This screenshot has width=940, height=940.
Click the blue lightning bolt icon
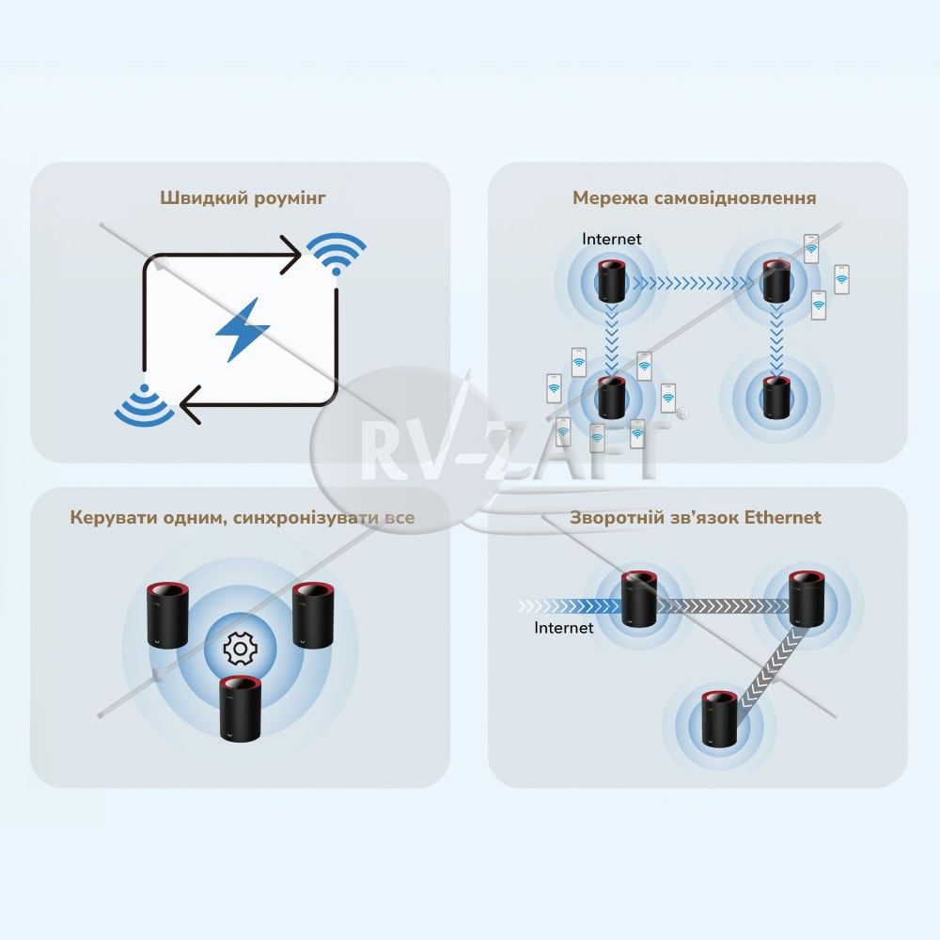click(243, 330)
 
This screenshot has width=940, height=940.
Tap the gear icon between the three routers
click(240, 648)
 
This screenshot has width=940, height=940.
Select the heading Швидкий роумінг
click(243, 197)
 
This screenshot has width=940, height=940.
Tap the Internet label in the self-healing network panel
click(612, 239)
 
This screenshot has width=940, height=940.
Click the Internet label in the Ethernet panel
click(563, 628)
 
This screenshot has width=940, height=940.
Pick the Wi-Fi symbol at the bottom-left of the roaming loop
click(144, 404)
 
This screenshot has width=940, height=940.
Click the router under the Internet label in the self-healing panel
click(612, 280)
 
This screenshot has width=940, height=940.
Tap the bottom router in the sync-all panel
click(240, 709)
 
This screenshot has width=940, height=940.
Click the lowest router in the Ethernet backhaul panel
click(720, 719)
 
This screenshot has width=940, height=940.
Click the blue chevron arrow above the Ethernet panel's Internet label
click(570, 606)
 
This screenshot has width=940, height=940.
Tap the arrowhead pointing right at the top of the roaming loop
click(290, 256)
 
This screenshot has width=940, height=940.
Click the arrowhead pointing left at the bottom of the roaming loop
click(191, 405)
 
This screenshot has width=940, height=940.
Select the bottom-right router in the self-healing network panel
click(776, 398)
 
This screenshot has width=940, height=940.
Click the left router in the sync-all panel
click(168, 615)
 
